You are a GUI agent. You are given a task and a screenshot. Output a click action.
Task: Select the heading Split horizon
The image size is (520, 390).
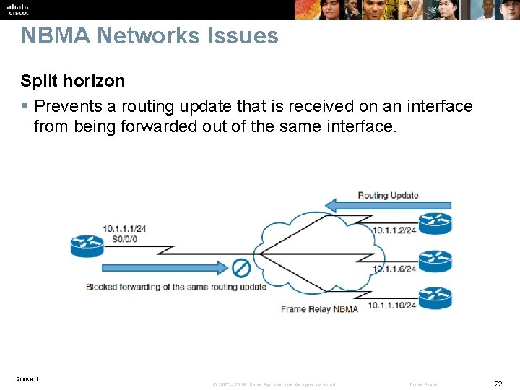[72, 81]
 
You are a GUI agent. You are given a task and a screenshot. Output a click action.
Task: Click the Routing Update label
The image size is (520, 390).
[388, 195]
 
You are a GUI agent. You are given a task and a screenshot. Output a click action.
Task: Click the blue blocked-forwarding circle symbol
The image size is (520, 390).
[240, 268]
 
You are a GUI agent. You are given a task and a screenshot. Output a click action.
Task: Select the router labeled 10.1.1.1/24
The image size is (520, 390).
[87, 246]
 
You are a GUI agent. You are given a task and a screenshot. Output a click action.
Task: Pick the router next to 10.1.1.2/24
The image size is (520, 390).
[435, 223]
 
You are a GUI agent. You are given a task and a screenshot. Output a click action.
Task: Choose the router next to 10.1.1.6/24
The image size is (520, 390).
[435, 261]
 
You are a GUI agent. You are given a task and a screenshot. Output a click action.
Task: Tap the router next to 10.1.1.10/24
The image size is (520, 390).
[435, 298]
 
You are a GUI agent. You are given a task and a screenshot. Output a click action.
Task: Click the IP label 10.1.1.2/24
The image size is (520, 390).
[394, 230]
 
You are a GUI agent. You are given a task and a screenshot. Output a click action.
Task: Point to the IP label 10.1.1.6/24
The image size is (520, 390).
[394, 269]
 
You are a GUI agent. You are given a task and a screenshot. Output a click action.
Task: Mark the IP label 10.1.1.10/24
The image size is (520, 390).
[392, 305]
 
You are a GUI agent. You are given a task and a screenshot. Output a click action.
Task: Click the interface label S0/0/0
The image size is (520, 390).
[124, 238]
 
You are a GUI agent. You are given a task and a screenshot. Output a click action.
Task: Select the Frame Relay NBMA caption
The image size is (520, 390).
[319, 309]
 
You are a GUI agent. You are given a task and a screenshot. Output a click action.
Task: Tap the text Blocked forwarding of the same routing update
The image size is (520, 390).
[176, 287]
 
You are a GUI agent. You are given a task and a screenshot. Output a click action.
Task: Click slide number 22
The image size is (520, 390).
[498, 383]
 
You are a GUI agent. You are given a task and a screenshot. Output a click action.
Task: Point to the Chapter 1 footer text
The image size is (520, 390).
[26, 379]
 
